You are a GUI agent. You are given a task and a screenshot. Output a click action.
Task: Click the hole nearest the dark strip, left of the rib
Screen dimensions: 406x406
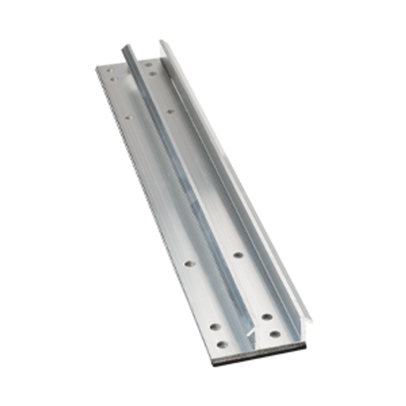222,344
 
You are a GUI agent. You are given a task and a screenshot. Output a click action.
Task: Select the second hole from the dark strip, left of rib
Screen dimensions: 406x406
215,327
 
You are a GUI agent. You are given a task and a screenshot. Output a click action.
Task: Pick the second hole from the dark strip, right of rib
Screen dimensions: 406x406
266,317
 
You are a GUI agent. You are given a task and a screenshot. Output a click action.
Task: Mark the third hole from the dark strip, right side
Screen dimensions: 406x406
238,255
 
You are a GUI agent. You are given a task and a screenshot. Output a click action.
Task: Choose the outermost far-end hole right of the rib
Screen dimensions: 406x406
148,64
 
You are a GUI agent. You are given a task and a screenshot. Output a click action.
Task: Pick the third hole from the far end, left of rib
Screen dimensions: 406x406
128,117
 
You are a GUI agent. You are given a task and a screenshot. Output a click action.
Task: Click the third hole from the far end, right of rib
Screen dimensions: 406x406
170,111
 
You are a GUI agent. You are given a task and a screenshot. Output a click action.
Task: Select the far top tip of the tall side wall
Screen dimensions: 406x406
162,42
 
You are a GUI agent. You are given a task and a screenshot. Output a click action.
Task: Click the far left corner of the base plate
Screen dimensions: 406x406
97,67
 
